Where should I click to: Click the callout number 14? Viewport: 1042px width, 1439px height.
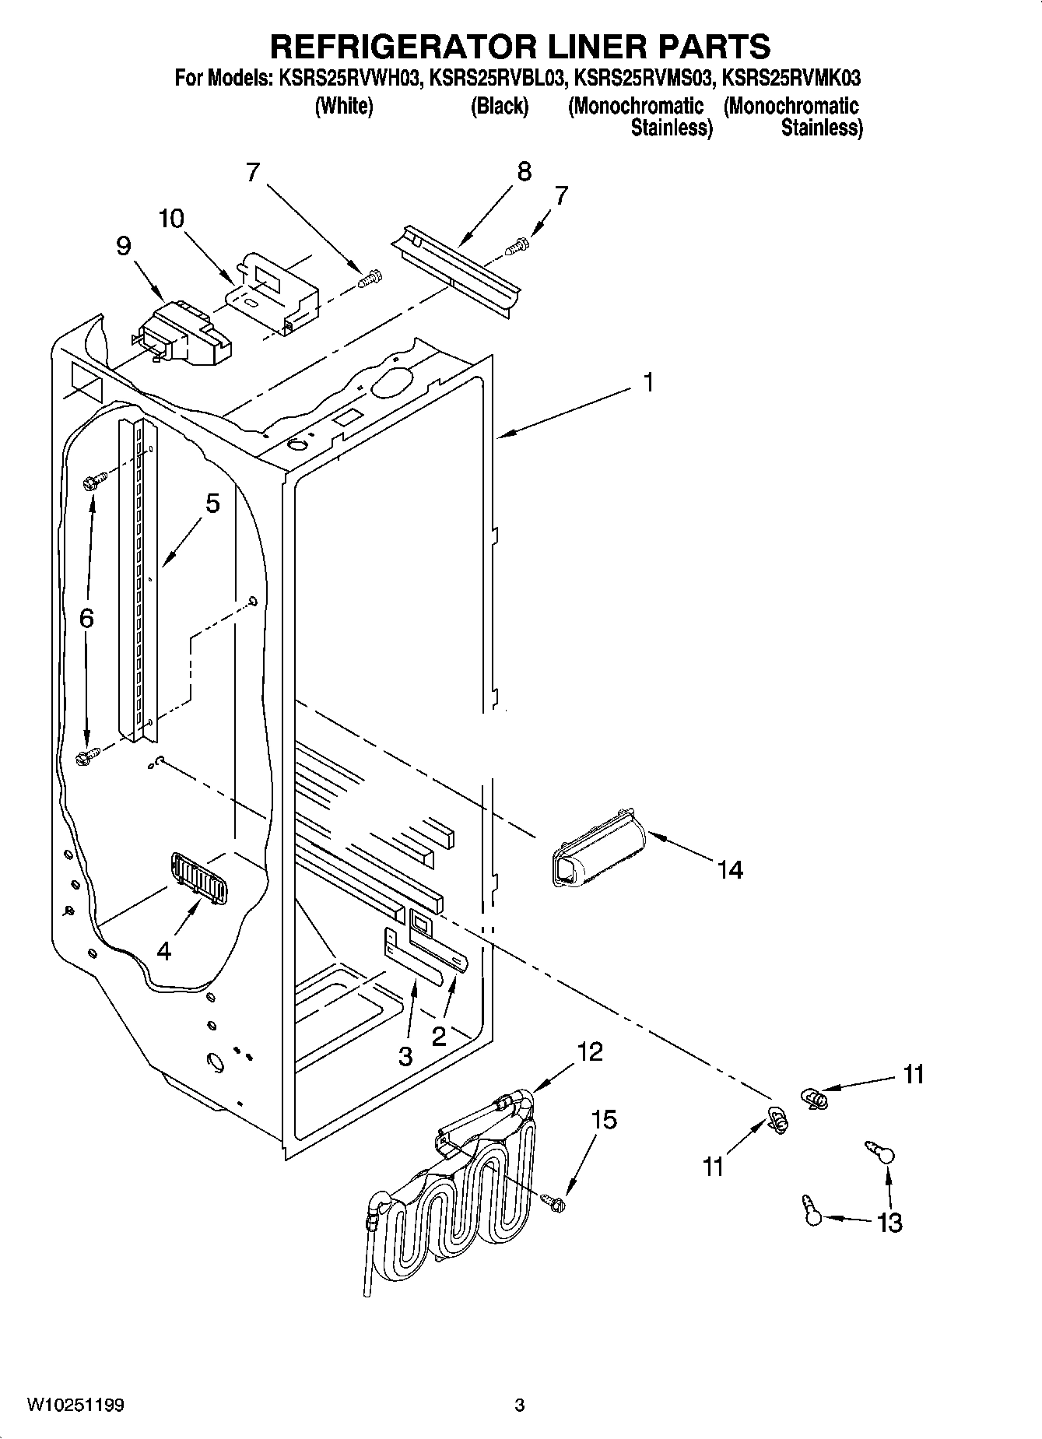pos(730,869)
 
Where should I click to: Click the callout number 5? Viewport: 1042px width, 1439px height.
pos(212,504)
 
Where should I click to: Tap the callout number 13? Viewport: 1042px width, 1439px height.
pos(889,1223)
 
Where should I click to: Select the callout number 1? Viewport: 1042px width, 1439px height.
pos(648,383)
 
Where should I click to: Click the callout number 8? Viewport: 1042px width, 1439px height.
pos(524,171)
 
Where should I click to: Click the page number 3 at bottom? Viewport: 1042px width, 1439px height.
pos(520,1405)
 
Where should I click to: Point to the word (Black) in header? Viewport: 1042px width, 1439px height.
pos(499,106)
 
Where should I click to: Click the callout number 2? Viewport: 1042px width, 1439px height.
pos(439,1036)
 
